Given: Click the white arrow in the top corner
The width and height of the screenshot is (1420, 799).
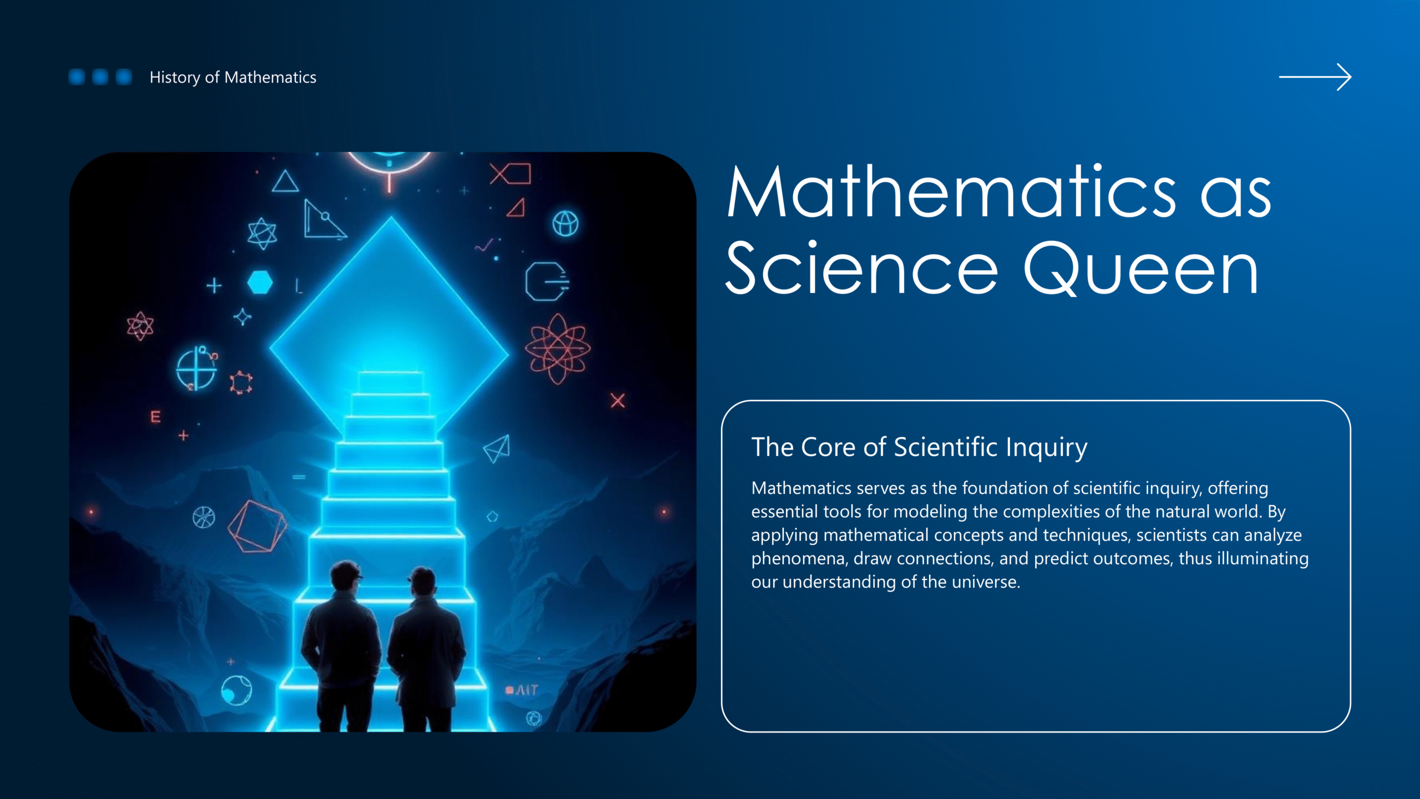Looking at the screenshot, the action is pyautogui.click(x=1315, y=77).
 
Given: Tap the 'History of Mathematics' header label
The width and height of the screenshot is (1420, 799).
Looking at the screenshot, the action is pyautogui.click(x=233, y=77).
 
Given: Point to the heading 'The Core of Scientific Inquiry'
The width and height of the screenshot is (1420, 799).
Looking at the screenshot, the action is pyautogui.click(x=919, y=447).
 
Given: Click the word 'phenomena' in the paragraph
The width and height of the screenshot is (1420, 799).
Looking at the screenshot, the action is pyautogui.click(x=799, y=559).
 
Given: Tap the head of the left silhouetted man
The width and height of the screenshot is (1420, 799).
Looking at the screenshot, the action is pyautogui.click(x=346, y=577).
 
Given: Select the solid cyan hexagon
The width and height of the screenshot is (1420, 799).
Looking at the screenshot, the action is pyautogui.click(x=260, y=282).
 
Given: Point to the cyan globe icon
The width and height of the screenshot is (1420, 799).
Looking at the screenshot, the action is pyautogui.click(x=565, y=224).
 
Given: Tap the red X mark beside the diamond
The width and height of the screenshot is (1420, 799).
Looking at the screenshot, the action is pyautogui.click(x=617, y=401).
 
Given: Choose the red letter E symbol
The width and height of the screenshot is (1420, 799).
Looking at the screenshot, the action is pyautogui.click(x=156, y=417).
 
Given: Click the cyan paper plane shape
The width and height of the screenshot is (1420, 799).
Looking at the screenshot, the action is pyautogui.click(x=497, y=449).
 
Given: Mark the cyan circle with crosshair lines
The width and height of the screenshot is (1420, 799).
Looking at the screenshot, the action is pyautogui.click(x=196, y=368).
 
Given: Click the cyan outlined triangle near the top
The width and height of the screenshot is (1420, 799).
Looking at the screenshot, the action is pyautogui.click(x=285, y=181).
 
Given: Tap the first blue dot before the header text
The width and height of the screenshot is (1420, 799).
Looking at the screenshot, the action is pyautogui.click(x=77, y=77).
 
